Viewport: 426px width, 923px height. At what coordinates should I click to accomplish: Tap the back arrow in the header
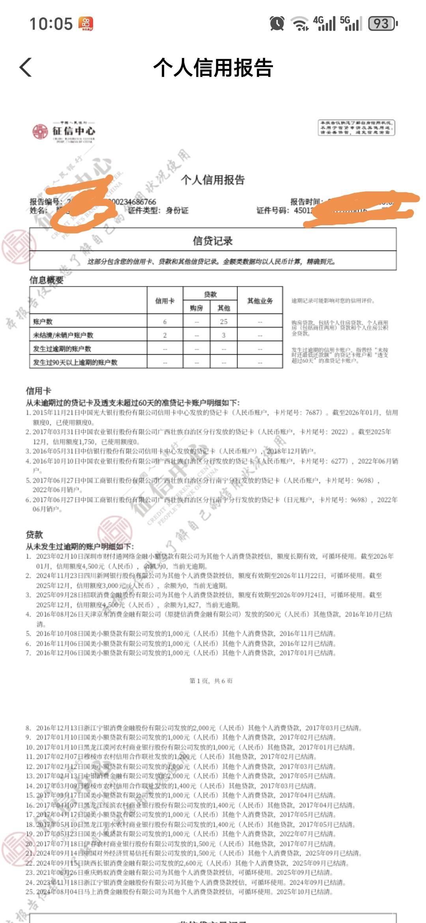(x=26, y=67)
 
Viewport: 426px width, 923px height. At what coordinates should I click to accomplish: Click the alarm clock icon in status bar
(x=277, y=24)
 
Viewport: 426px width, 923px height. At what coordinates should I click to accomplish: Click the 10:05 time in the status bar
(x=51, y=24)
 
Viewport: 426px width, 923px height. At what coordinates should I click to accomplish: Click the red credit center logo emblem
(x=40, y=131)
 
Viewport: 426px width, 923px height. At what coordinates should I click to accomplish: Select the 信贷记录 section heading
(x=213, y=241)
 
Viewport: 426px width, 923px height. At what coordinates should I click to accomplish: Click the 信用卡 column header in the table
(x=165, y=301)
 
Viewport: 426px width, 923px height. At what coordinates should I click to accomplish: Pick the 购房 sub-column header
(x=196, y=308)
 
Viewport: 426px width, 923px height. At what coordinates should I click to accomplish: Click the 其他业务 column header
(x=260, y=301)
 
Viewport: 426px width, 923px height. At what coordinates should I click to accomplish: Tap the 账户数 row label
(x=43, y=322)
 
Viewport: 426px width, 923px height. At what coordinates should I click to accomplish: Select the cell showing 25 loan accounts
(x=224, y=322)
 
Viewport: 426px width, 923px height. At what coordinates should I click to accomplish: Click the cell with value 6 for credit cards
(x=165, y=322)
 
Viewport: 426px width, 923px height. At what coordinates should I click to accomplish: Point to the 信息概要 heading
(x=47, y=280)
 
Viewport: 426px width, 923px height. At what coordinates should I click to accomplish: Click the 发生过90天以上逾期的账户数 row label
(x=75, y=362)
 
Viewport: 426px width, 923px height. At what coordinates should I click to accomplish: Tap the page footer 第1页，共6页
(x=211, y=681)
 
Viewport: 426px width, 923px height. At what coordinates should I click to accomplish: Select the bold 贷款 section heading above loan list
(x=34, y=535)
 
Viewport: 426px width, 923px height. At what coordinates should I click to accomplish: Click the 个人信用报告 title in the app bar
(x=213, y=67)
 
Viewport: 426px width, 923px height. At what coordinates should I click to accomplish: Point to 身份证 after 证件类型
(x=177, y=211)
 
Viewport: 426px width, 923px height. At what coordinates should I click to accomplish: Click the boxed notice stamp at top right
(x=356, y=128)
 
